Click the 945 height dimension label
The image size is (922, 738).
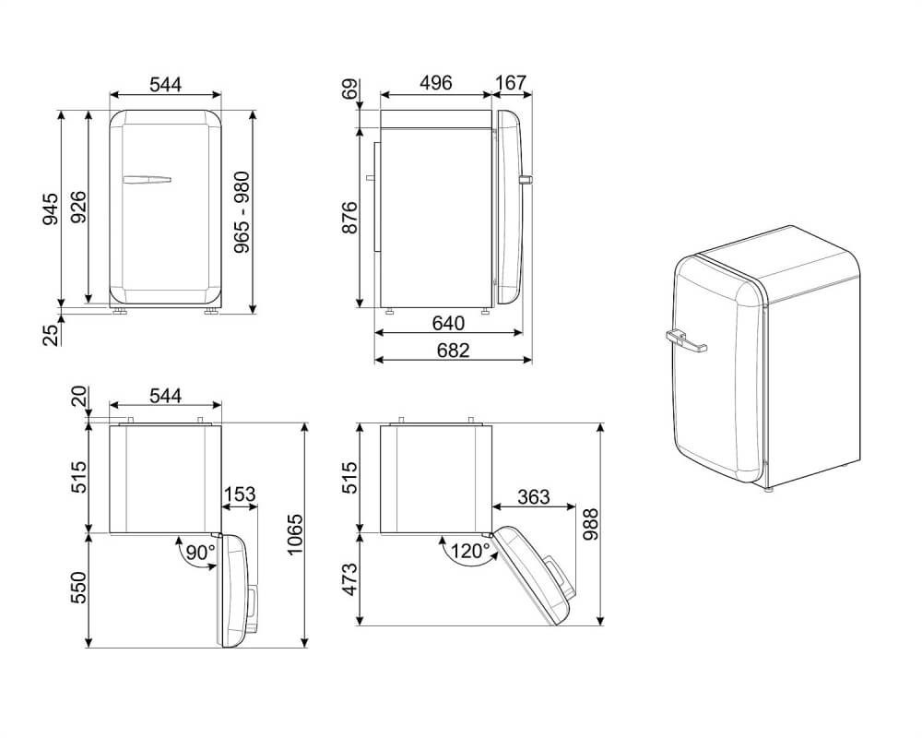tap(50, 208)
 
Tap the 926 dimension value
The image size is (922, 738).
tap(77, 208)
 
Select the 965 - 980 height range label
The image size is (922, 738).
tap(242, 212)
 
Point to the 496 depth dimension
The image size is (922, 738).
tap(436, 83)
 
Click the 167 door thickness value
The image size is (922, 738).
tap(511, 83)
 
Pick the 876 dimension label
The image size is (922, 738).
tap(349, 217)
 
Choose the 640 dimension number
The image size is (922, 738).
tap(448, 323)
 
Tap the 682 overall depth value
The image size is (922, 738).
tap(454, 351)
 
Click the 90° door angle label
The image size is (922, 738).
tap(200, 552)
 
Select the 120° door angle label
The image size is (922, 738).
tap(470, 551)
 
